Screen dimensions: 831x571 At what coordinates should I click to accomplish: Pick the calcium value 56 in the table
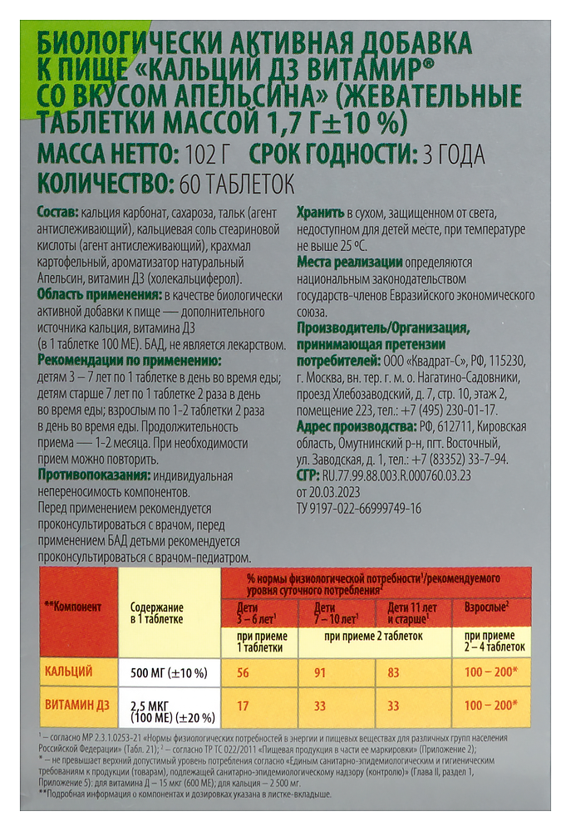pos(243,671)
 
